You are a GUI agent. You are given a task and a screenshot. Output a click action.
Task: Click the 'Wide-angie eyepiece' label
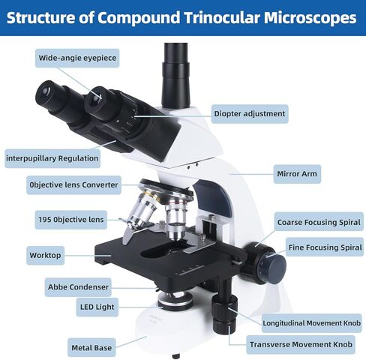tap(77, 58)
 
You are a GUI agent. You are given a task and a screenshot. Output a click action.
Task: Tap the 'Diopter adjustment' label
tap(250, 114)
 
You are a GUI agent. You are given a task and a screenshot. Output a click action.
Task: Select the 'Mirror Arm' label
tap(297, 174)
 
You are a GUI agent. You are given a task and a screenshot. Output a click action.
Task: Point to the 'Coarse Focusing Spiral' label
tap(319, 222)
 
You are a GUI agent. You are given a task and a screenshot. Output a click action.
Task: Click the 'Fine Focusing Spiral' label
tap(325, 247)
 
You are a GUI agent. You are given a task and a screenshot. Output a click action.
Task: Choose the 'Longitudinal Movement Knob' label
tap(312, 323)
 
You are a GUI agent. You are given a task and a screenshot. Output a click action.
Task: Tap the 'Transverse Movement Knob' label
tap(301, 344)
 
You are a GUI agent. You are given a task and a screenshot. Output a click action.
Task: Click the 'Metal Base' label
tap(91, 347)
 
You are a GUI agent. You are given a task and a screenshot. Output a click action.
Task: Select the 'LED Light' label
tap(97, 307)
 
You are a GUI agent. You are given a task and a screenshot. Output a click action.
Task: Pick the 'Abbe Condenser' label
tap(78, 287)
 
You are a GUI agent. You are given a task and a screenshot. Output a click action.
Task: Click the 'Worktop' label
tap(45, 255)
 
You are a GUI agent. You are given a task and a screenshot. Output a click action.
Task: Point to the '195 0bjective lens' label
tap(71, 220)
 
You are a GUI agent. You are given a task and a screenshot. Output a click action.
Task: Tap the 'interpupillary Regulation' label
tap(52, 158)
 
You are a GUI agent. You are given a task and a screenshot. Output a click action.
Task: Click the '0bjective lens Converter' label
tap(73, 185)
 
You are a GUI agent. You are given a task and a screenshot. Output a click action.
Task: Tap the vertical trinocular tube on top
tap(175, 75)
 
